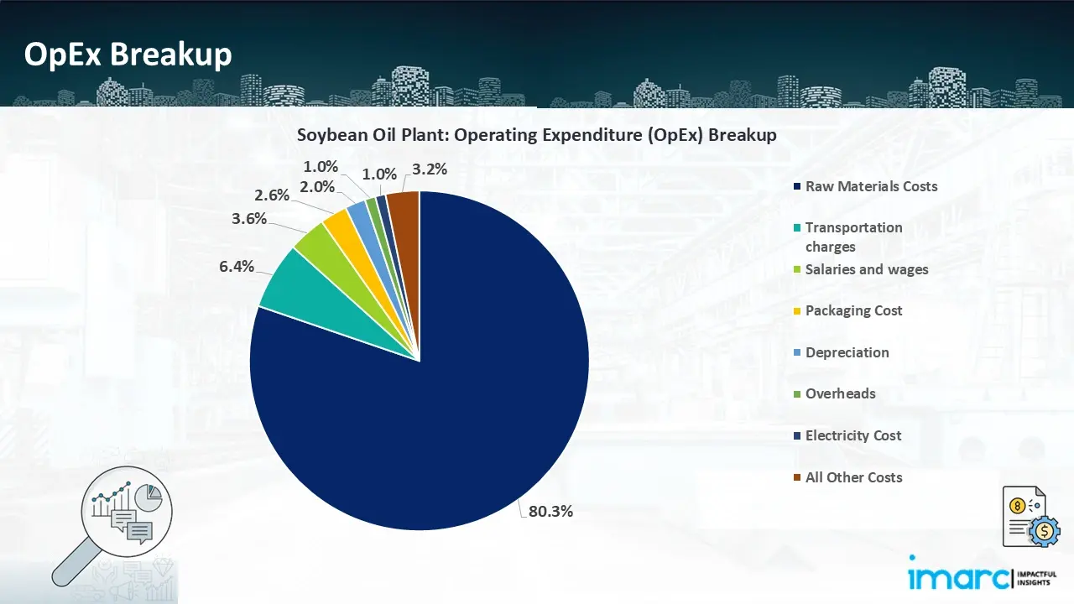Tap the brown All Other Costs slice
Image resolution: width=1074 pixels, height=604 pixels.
(x=404, y=210)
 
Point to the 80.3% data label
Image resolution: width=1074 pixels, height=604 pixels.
(x=550, y=511)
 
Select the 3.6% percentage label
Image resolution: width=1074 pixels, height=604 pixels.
(x=249, y=219)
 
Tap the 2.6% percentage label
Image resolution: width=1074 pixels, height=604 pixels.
(x=272, y=195)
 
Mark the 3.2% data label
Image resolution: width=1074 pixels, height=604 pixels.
(x=430, y=169)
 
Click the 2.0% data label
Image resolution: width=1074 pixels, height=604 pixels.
(x=317, y=187)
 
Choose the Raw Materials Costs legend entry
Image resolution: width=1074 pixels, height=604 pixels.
(x=871, y=186)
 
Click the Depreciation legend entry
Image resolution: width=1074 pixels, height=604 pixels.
(x=847, y=352)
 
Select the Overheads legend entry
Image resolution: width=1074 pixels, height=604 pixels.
(x=840, y=393)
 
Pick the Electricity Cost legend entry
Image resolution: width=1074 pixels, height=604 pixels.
(x=852, y=435)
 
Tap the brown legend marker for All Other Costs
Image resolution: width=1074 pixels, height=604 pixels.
(x=795, y=478)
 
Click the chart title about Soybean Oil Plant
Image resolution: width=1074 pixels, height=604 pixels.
(x=537, y=135)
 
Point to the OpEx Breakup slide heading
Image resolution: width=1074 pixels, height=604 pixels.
(x=128, y=55)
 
